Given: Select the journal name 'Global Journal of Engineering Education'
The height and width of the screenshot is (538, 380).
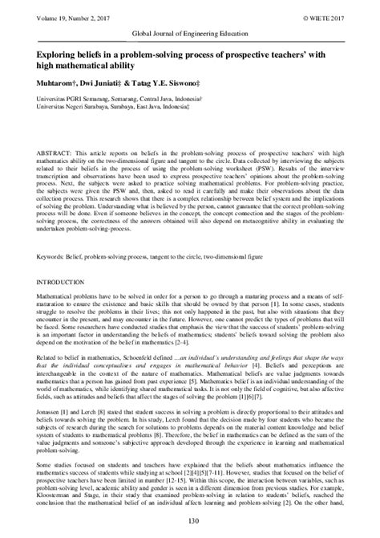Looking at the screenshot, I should click(x=189, y=35).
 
